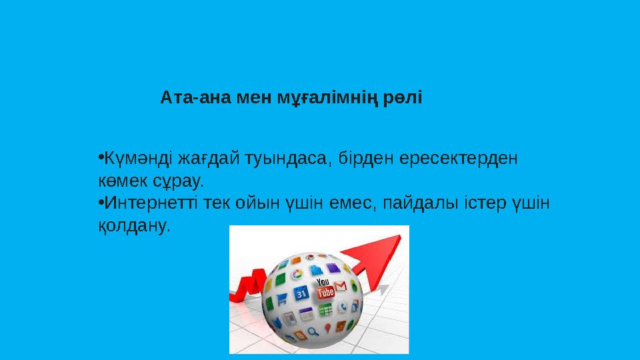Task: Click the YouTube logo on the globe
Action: click(x=325, y=289)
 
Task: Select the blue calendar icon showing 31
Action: click(x=301, y=293)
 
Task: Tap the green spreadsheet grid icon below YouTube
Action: click(x=325, y=310)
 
